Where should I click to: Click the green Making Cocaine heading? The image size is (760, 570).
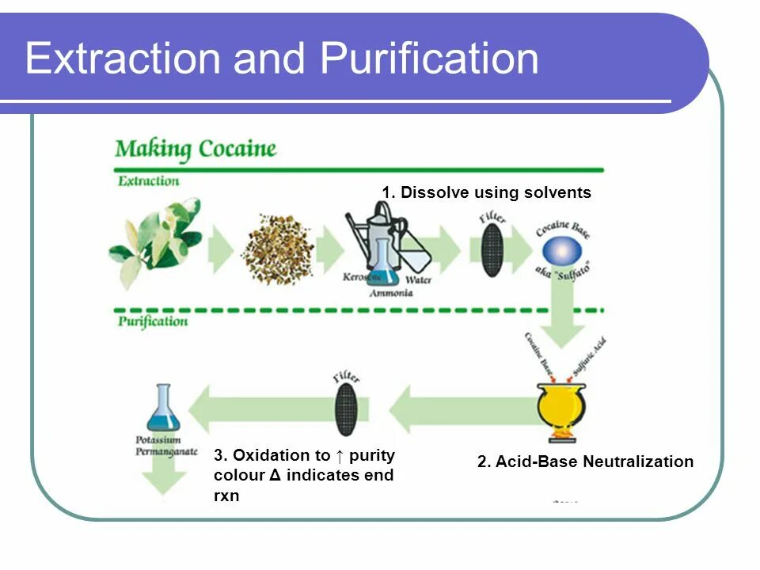196,148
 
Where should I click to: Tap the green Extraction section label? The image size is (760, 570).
149,180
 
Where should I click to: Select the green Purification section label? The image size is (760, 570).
153,321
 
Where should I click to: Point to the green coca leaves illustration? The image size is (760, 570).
155,241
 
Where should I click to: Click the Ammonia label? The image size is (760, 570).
391,292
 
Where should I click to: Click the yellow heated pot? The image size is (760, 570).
561,407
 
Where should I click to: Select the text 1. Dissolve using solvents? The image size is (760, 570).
486,192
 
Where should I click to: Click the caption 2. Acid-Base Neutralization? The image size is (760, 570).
585,462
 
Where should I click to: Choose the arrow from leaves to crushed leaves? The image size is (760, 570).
220,249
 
